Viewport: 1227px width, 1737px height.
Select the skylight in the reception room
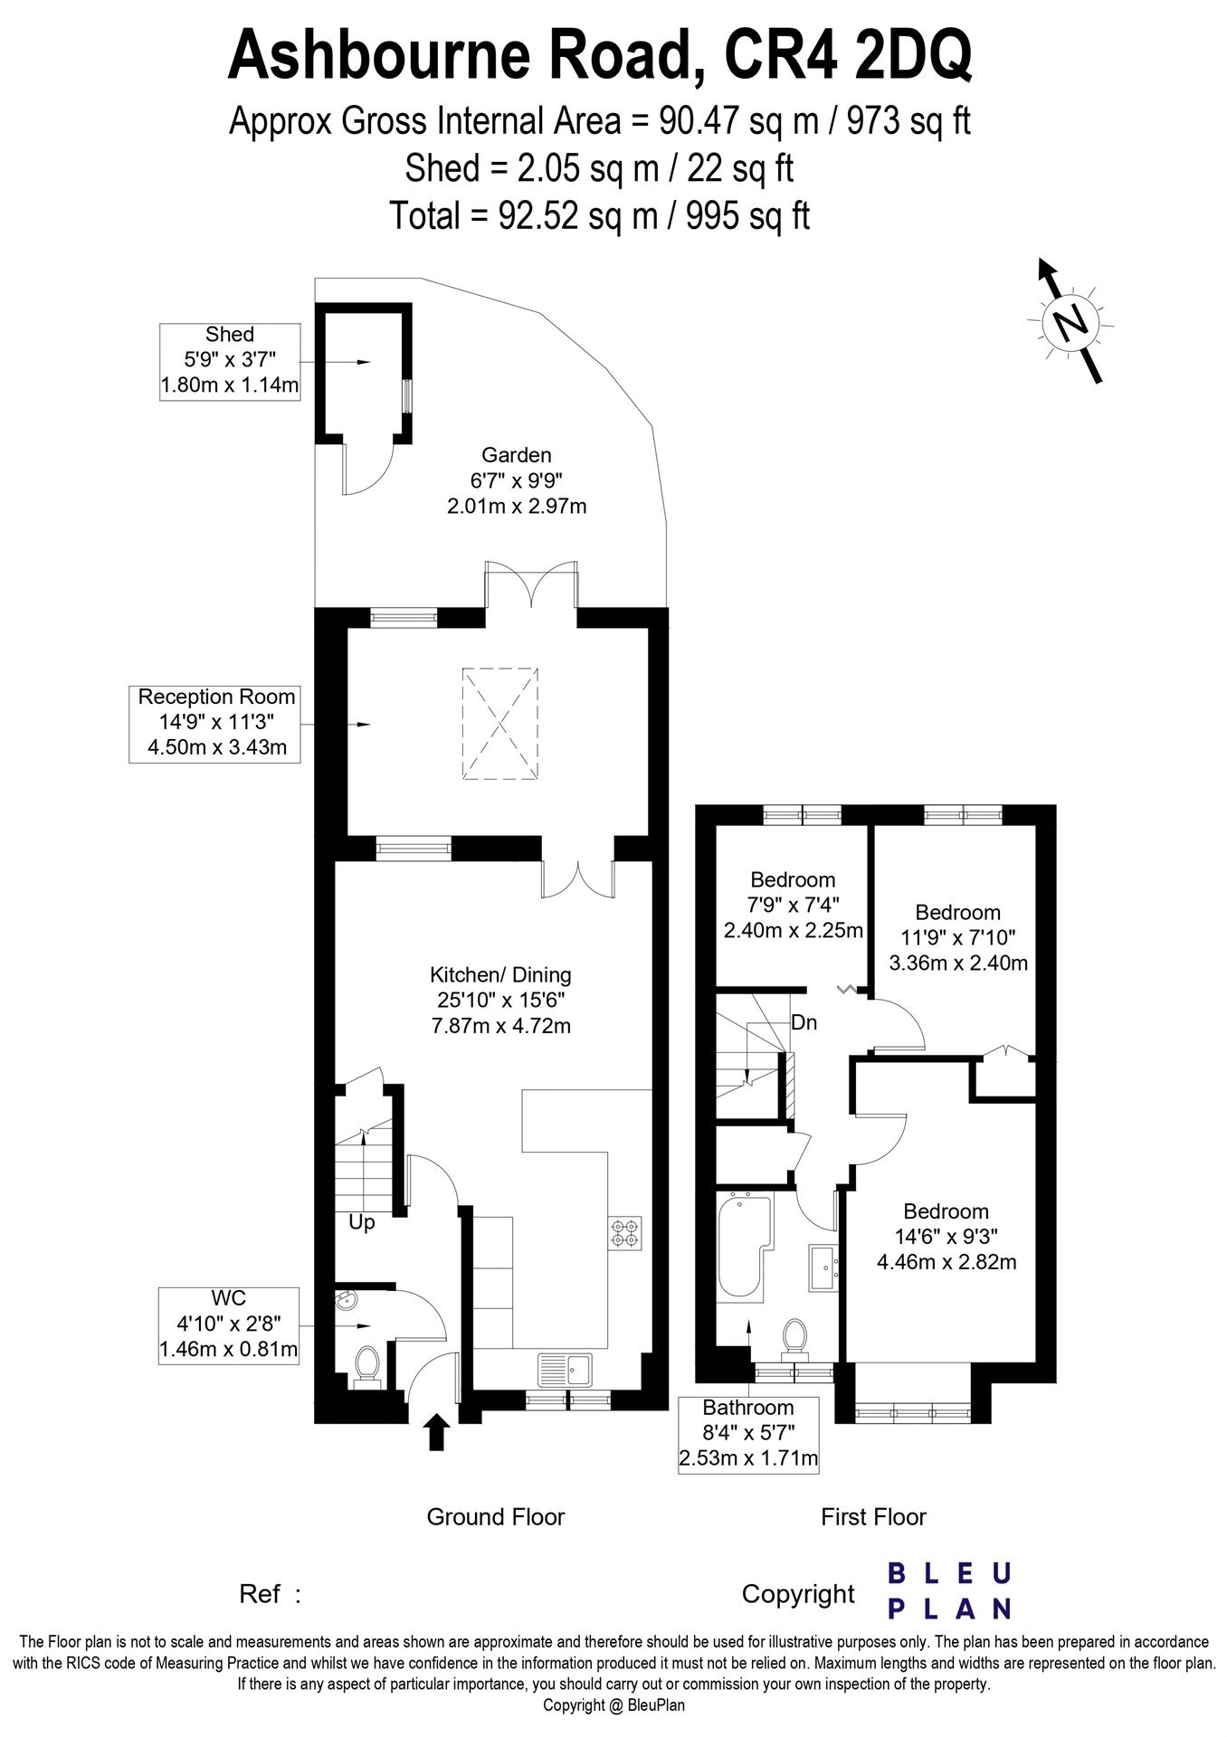click(500, 722)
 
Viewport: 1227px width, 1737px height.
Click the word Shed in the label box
click(230, 335)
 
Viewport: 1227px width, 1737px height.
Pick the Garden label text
click(517, 455)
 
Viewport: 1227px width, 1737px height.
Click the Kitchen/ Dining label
click(500, 974)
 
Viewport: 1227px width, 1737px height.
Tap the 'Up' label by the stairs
click(362, 1223)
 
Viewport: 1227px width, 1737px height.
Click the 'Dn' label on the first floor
click(804, 1023)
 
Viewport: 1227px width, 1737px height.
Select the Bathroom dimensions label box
click(748, 1435)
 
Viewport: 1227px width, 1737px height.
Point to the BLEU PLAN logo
click(949, 1590)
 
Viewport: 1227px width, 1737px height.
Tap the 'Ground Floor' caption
click(496, 1517)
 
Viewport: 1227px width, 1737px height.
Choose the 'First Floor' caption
click(874, 1517)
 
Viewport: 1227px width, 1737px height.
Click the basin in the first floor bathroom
click(825, 1267)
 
